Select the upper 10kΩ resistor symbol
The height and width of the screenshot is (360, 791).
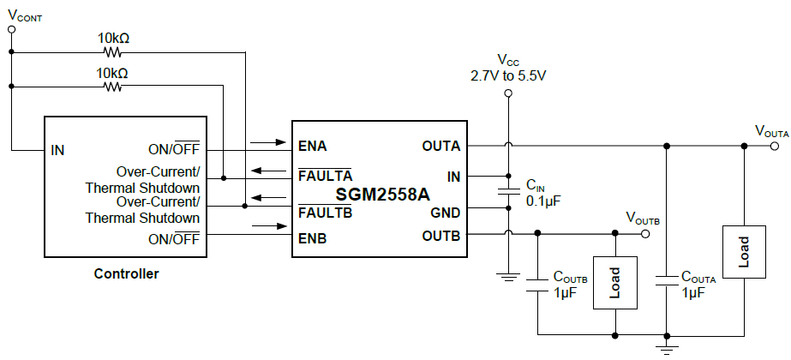[x=112, y=51]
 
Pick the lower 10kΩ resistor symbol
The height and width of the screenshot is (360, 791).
[x=112, y=87]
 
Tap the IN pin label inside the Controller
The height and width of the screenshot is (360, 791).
[x=57, y=150]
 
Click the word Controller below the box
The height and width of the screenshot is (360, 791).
[x=126, y=274]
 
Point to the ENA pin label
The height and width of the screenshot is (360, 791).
[x=313, y=146]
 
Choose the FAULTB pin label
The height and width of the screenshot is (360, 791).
[x=325, y=213]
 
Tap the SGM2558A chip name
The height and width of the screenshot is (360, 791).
[x=382, y=195]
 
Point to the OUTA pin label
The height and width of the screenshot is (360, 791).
[x=440, y=146]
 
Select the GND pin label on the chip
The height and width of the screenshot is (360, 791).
[x=446, y=213]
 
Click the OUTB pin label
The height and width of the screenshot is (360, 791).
[x=440, y=234]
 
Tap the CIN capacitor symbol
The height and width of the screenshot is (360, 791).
[x=507, y=194]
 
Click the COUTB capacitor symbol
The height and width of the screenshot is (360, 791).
[x=537, y=284]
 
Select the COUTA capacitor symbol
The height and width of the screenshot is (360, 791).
[x=666, y=283]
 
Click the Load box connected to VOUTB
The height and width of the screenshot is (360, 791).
[x=615, y=282]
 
